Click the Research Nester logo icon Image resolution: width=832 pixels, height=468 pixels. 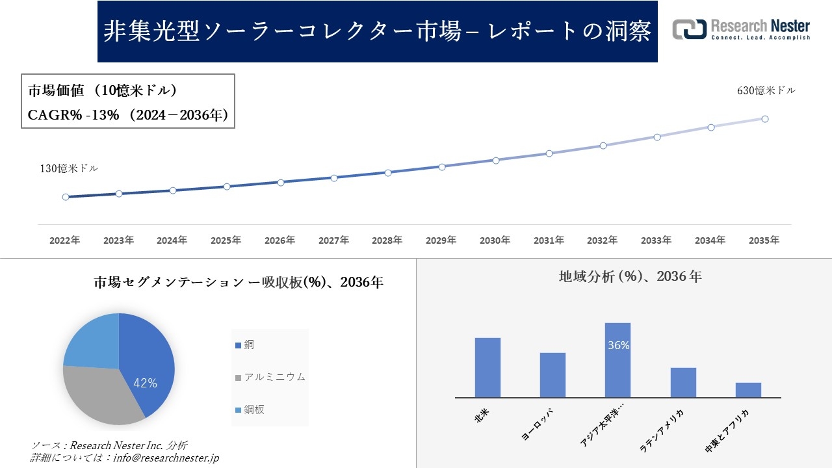689,29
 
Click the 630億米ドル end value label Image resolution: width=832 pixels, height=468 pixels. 766,91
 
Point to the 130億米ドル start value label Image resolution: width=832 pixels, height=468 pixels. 70,168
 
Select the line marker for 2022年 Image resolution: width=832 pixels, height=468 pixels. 66,197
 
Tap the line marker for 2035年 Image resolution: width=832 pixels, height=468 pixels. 765,119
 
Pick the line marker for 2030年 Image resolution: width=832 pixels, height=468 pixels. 496,160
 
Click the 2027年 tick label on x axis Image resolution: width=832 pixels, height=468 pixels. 333,240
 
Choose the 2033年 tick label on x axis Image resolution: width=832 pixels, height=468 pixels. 656,240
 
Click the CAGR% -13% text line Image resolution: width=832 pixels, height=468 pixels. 127,115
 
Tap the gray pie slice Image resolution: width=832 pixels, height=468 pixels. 97,393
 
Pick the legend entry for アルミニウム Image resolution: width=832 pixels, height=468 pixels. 274,377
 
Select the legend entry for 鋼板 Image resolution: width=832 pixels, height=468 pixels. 253,409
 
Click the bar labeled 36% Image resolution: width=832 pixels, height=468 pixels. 617,361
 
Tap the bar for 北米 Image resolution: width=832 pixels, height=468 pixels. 487,367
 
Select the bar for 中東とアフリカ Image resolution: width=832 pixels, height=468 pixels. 748,390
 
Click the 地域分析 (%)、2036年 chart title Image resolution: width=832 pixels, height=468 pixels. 630,276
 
